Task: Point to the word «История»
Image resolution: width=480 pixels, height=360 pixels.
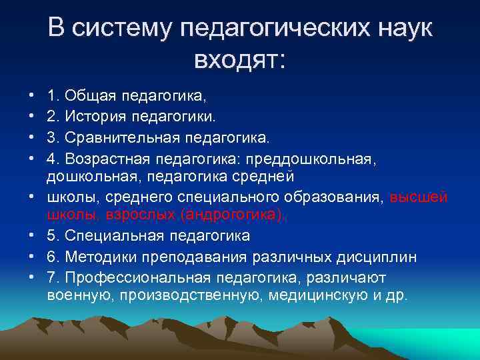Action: pos(91,117)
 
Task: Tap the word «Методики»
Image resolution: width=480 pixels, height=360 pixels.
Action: pos(94,257)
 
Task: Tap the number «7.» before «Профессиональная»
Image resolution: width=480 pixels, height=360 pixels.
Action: pos(53,277)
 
